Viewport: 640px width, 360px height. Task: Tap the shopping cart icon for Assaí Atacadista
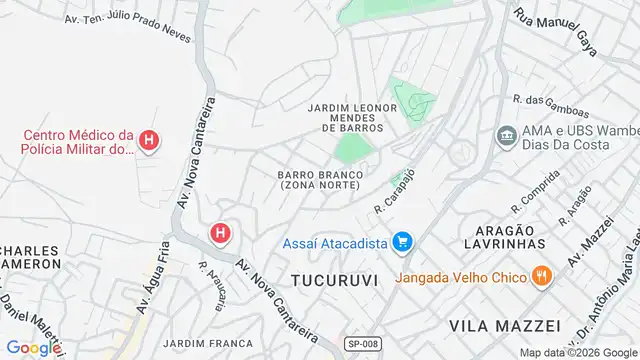click(403, 241)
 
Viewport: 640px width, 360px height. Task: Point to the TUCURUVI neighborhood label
click(334, 280)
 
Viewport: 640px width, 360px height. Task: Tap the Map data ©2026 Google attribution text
click(577, 353)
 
